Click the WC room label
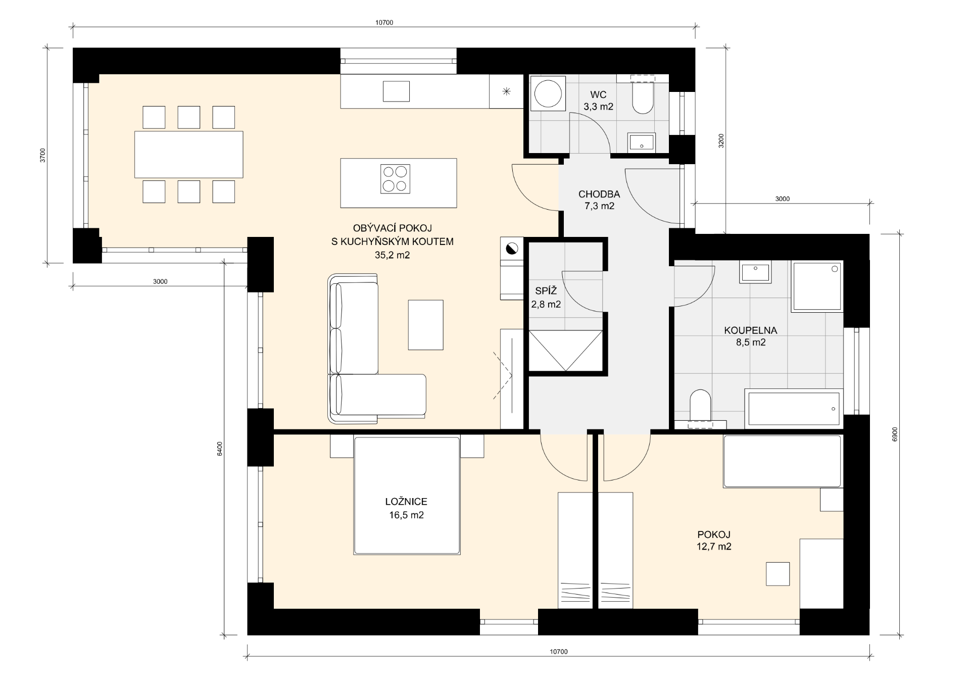(x=598, y=101)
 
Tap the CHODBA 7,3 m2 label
(x=599, y=200)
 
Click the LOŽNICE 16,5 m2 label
(x=406, y=508)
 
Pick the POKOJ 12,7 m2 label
(x=714, y=540)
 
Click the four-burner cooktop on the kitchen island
(x=395, y=179)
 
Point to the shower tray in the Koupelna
(x=817, y=286)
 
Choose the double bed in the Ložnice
(x=407, y=496)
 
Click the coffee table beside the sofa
(x=425, y=325)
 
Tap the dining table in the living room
(x=188, y=155)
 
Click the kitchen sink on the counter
(x=396, y=91)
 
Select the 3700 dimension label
(x=43, y=156)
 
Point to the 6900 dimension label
(x=895, y=434)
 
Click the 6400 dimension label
(x=219, y=449)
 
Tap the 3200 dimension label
(x=721, y=140)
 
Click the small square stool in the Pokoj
(x=778, y=574)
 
